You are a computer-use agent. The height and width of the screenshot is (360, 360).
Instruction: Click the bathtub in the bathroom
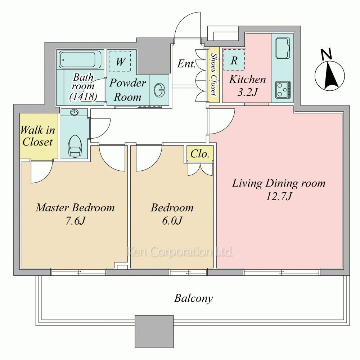(x=77, y=59)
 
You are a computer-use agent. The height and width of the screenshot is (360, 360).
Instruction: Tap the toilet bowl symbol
(x=75, y=146)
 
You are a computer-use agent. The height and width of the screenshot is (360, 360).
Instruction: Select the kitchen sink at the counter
(x=282, y=48)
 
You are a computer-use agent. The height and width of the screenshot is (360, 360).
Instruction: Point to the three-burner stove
(x=283, y=90)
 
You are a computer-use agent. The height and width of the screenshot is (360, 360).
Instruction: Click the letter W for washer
(x=121, y=62)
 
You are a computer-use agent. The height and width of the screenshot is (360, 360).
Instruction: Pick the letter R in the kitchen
(x=234, y=60)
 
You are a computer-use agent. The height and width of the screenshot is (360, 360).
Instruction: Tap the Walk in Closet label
(x=38, y=136)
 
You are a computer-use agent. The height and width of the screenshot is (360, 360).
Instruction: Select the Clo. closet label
(x=200, y=154)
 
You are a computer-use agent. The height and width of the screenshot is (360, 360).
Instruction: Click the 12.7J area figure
(x=279, y=197)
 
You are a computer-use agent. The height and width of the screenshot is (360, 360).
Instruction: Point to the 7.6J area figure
(x=75, y=221)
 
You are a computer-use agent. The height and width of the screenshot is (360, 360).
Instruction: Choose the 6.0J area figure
(x=172, y=221)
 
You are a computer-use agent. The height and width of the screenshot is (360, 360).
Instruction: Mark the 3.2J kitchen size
(x=247, y=93)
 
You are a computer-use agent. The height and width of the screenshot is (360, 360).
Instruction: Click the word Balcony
(x=193, y=298)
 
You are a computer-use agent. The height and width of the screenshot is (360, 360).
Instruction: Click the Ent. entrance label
(x=186, y=64)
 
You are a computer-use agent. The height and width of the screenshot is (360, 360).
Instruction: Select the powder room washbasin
(x=159, y=90)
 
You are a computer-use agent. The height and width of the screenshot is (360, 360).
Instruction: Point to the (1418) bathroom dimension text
(x=83, y=96)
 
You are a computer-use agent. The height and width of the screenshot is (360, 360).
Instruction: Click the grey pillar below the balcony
(x=154, y=332)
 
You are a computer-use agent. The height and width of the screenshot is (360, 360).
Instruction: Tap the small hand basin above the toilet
(x=74, y=112)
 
